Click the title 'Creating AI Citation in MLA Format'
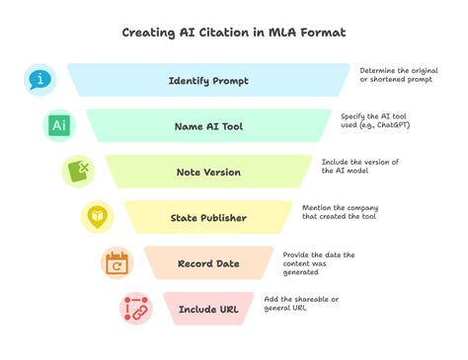233,33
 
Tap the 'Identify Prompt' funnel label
209,80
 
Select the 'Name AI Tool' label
209,126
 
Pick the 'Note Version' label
209,172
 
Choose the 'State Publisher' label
209,218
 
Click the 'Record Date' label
209,263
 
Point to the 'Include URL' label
209,310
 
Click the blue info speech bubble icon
39,80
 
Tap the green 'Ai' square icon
59,126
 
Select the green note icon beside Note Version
78,172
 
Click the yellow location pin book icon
98,217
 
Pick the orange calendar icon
117,263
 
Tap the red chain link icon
135,309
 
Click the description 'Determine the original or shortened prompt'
398,76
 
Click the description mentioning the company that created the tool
341,213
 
